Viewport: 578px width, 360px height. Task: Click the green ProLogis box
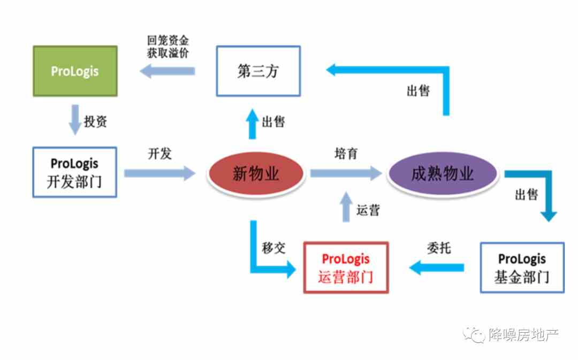[x=75, y=71]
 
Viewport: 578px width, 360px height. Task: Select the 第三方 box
[x=258, y=71]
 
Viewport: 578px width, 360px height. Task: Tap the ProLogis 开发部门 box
[x=75, y=172]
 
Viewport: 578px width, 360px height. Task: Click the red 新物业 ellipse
[x=256, y=173]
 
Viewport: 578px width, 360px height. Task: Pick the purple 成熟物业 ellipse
[x=443, y=173]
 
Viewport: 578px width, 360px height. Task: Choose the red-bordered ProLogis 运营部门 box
[x=346, y=267]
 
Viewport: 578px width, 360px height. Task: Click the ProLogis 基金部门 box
[x=522, y=267]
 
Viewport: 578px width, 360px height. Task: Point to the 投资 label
[x=95, y=121]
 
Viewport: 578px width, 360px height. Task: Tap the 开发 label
[x=160, y=154]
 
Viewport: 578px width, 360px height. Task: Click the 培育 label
[x=346, y=154]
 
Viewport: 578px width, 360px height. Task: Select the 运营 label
[x=368, y=210]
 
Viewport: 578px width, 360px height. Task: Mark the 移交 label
[x=273, y=248]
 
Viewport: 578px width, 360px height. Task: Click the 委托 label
[x=439, y=248]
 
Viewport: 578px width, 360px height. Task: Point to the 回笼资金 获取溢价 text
[x=168, y=47]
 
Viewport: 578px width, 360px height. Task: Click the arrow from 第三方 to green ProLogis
[x=168, y=71]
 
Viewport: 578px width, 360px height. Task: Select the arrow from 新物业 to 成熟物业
[x=346, y=173]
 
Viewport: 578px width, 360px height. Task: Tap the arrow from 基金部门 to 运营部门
[x=437, y=267]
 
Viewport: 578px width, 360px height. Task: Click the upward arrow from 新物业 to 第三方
[x=253, y=124]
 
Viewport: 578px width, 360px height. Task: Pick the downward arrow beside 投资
[x=75, y=120]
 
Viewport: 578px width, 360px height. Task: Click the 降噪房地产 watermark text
[x=524, y=334]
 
